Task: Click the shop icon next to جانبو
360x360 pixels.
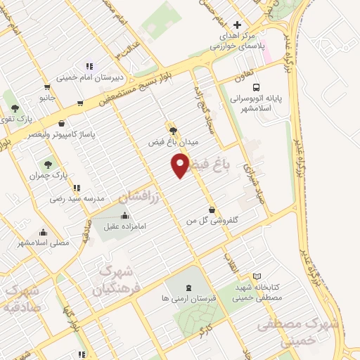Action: (x=47, y=88)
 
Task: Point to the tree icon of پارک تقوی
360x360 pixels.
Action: (x=15, y=108)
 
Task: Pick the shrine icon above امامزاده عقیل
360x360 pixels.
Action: (x=124, y=215)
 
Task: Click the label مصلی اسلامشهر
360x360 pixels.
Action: (x=43, y=243)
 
